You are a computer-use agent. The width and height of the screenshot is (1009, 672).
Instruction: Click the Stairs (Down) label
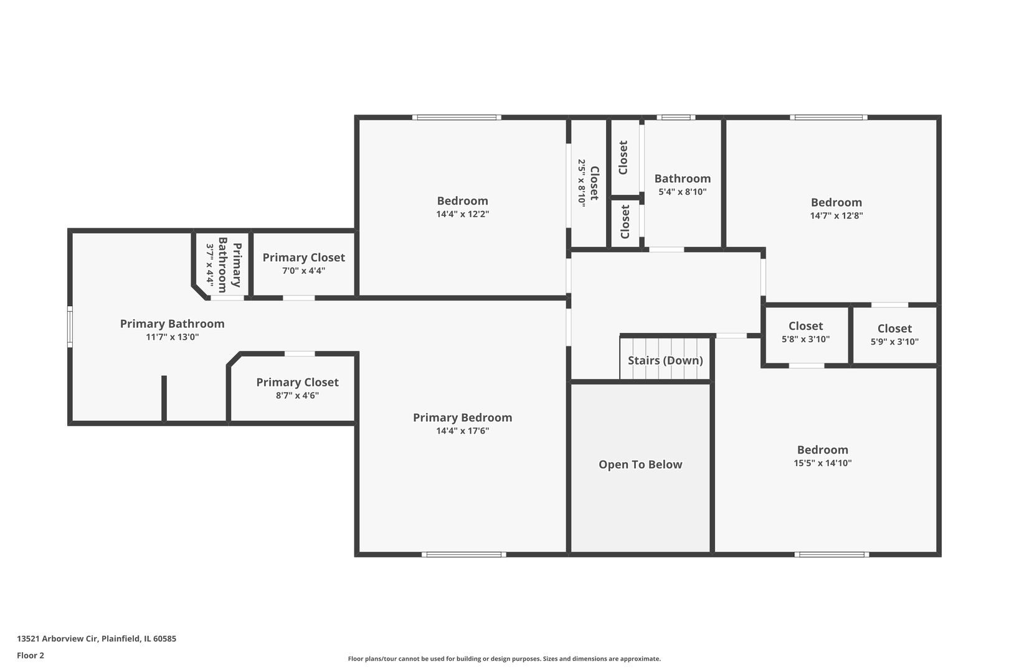pos(665,360)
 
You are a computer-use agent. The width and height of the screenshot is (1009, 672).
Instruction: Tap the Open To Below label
pos(640,465)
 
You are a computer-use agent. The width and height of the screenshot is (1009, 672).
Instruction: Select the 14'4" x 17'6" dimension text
pos(462,431)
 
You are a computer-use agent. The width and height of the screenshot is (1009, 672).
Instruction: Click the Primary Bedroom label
pos(462,418)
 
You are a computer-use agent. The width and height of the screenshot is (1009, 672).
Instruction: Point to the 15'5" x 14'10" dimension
pos(822,463)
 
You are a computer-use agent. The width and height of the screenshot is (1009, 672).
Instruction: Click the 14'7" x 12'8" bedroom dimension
pos(836,216)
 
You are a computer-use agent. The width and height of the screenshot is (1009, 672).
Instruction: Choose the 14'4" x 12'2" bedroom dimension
pos(462,214)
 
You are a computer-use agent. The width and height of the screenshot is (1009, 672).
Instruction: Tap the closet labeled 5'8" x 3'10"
pos(805,332)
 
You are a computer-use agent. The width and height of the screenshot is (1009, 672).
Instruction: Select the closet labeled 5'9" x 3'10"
pos(894,335)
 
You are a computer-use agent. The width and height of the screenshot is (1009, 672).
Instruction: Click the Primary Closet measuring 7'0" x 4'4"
pos(303,263)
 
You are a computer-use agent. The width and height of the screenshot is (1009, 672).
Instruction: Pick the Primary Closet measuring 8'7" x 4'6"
pos(297,388)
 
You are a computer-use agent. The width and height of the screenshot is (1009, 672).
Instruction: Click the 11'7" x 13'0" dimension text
pos(172,337)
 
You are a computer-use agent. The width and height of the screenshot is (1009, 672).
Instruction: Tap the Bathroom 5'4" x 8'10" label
pos(682,184)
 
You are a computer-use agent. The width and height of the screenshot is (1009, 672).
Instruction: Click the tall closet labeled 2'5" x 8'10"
pos(588,182)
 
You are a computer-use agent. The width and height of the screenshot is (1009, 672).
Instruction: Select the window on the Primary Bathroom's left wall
pos(70,326)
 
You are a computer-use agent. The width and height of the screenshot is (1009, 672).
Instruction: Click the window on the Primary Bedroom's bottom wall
pos(463,554)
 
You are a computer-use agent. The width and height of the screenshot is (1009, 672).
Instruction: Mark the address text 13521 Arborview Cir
pos(97,638)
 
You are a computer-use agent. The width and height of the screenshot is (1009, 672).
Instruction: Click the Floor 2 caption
pos(31,655)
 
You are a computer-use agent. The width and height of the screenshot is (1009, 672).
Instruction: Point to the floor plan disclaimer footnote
pos(504,658)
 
